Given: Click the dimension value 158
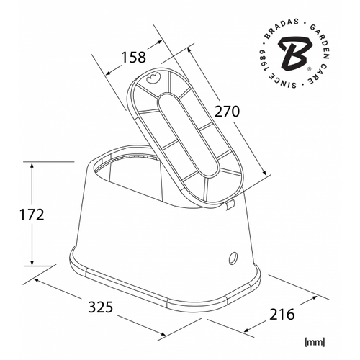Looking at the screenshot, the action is point(134,58).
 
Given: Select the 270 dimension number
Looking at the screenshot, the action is point(227,112).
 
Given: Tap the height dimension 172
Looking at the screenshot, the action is point(32,215).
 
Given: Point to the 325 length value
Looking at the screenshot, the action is point(101,307).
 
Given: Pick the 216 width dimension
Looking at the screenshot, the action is point(282,315).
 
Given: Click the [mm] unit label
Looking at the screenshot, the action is point(314,342).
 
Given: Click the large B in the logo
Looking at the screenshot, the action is point(293,53).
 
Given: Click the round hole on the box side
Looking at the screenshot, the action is point(233,258).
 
